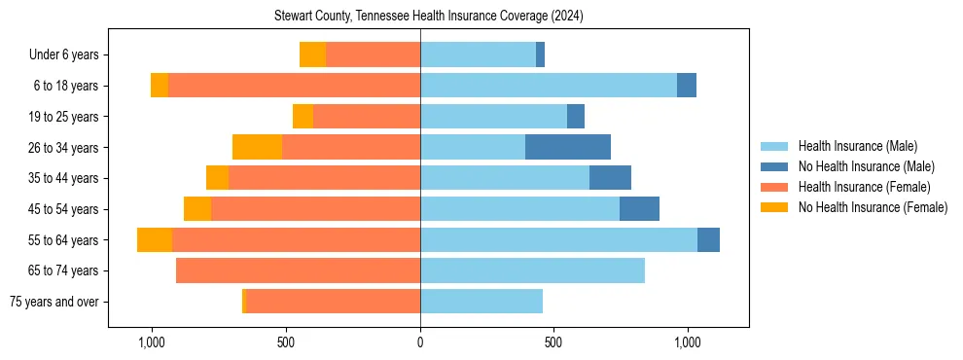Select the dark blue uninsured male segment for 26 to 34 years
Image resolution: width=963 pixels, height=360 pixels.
point(568,147)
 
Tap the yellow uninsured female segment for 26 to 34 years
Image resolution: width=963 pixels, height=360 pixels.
point(257,147)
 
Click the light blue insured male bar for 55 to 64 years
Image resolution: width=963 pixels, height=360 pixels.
point(558,239)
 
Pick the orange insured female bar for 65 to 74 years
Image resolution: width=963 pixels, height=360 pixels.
point(298,270)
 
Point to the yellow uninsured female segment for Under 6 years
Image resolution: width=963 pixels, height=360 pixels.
point(312,54)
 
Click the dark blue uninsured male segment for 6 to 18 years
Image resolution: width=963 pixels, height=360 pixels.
point(687,86)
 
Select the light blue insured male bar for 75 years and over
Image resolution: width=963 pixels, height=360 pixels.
point(481,302)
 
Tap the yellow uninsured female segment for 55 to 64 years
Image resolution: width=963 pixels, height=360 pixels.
point(155,239)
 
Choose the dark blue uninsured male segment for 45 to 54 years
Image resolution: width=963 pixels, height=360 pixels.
point(639,209)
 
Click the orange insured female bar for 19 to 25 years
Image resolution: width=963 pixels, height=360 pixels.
point(367,117)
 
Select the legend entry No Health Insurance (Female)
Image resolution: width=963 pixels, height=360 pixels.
point(873,207)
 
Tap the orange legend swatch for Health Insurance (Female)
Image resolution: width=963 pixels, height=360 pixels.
point(773,187)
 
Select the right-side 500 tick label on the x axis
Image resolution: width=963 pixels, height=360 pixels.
point(553,343)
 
